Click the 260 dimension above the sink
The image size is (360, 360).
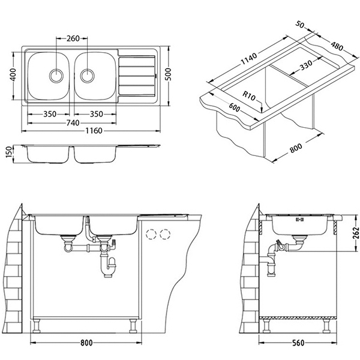coord(73,38)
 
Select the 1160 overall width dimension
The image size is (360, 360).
coord(94,131)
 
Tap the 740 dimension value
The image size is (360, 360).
coord(73,123)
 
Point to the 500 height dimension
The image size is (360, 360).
coord(168,74)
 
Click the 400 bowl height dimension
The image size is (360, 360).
coord(13,74)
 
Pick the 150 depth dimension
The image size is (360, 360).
coord(9,152)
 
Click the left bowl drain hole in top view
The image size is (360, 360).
coord(56,76)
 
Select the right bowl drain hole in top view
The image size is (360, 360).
coord(87,76)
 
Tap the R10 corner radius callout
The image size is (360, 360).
coord(249,95)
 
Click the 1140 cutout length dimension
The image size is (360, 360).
coord(248,59)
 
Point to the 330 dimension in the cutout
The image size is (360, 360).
coord(306,65)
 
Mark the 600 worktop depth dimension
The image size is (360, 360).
coord(235,107)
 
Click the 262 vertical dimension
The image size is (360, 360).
coord(355,233)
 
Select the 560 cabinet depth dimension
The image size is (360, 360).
coord(298,343)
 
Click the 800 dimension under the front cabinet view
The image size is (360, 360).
coord(86,343)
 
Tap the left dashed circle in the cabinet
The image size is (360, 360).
coord(152,235)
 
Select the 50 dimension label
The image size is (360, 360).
coord(300,23)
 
